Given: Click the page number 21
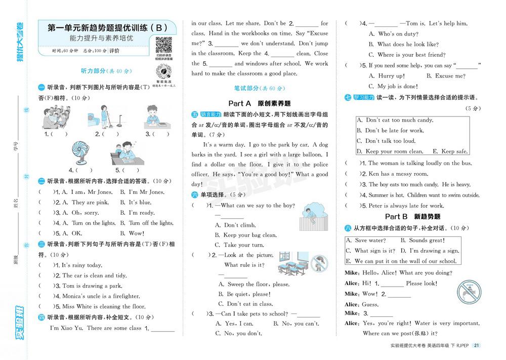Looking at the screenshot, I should pos(476,346).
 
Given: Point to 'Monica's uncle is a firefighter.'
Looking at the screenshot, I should pos(101,296).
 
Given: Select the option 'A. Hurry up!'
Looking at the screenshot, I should pos(387,76).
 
